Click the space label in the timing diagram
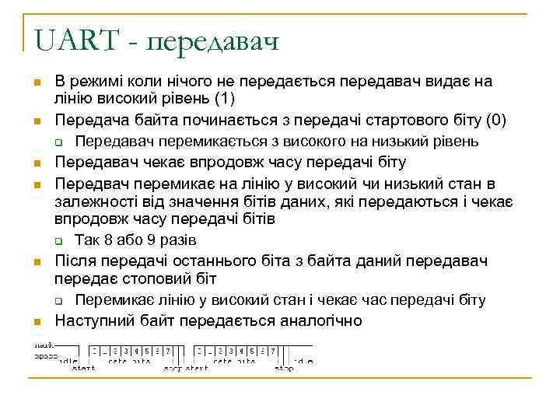click(45, 355)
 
